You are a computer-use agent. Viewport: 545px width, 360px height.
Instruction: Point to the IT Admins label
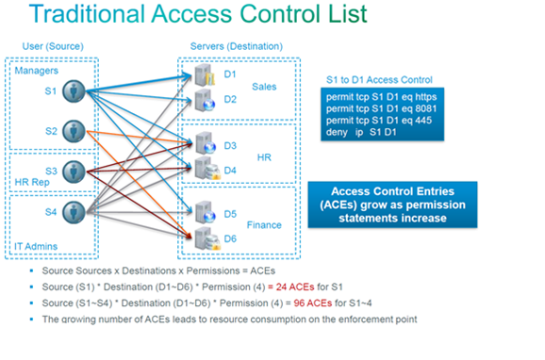[x=37, y=247]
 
